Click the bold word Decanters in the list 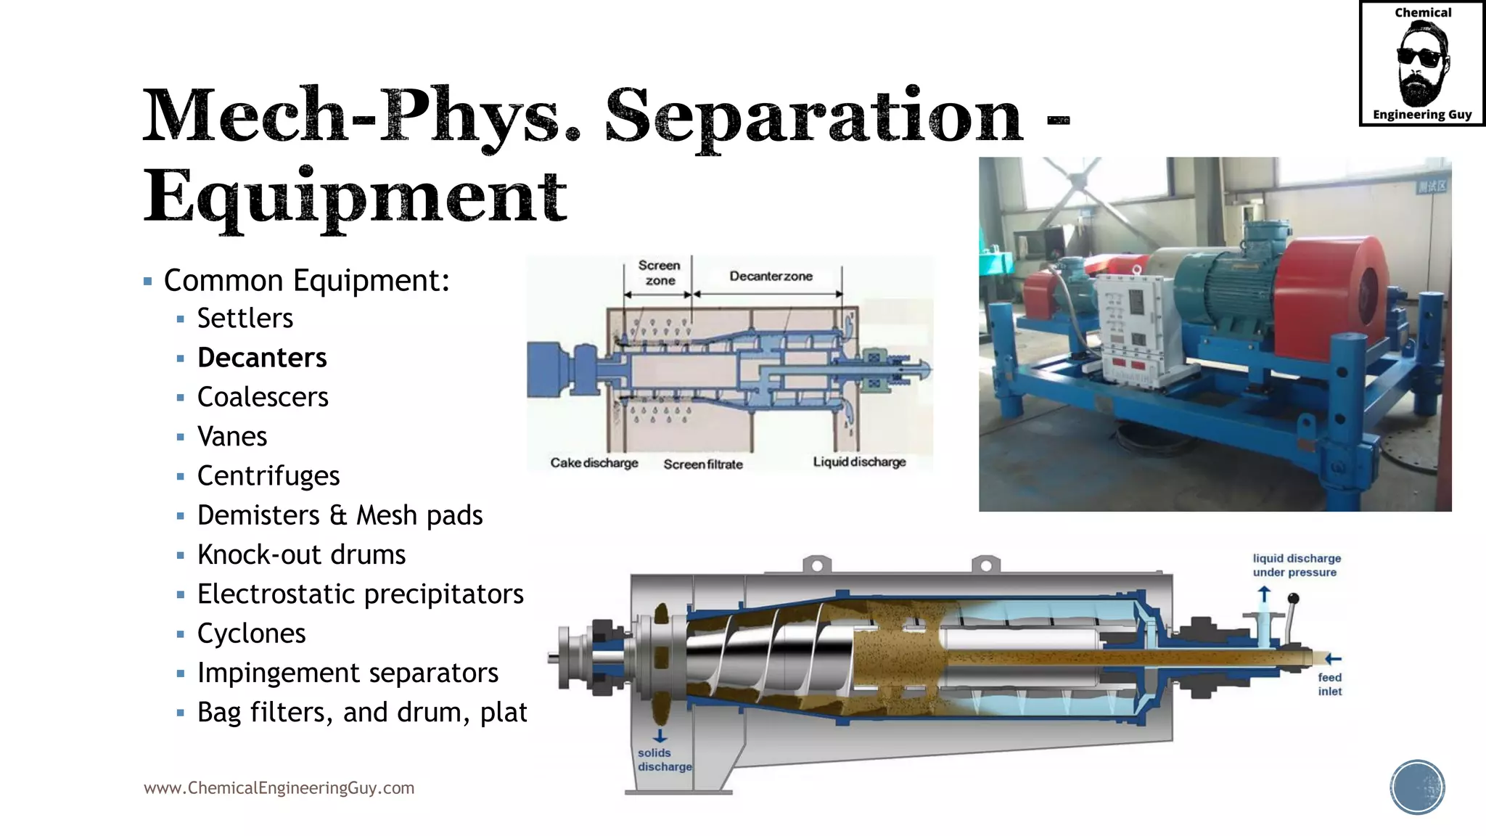coord(262,358)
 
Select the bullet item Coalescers coord(263,397)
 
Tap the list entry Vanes coord(232,436)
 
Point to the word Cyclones coord(251,634)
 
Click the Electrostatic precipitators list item coord(360,594)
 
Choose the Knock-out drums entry coord(301,555)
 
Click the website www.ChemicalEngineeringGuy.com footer coord(279,788)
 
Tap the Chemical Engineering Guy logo coord(1421,64)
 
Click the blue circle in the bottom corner coord(1417,787)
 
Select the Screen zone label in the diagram coord(660,273)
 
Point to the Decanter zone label coord(771,276)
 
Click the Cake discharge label coord(594,463)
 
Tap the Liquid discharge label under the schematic coord(859,462)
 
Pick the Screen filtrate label coord(703,464)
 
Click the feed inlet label coord(1329,684)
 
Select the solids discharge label coord(663,760)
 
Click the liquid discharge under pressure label coord(1296,565)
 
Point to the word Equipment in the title coord(355,197)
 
